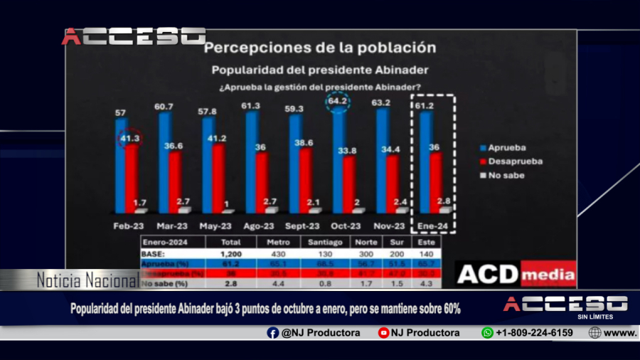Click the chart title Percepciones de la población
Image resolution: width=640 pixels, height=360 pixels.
(x=319, y=48)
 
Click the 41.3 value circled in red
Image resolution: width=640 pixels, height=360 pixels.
(x=129, y=138)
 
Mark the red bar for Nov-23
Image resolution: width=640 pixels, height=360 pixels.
(x=392, y=184)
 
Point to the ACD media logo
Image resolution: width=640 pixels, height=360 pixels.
(x=516, y=273)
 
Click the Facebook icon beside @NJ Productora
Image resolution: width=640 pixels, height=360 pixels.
(x=273, y=332)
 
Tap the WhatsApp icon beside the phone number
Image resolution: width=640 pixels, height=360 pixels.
(x=487, y=332)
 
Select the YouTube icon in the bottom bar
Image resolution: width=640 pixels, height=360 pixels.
(x=383, y=332)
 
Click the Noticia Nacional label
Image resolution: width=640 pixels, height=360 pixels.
(x=87, y=281)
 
